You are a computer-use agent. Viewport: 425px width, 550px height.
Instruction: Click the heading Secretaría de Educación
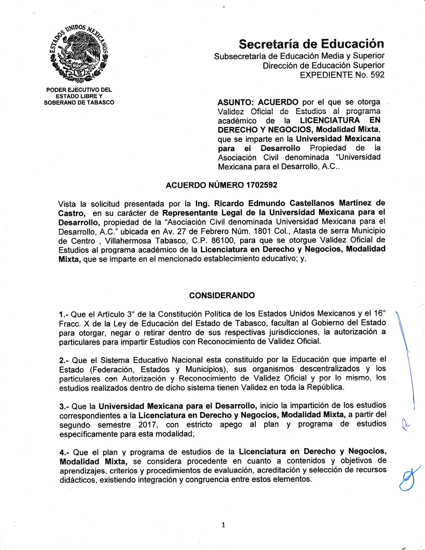pyautogui.click(x=311, y=44)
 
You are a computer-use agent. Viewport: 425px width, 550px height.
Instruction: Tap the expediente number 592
pyautogui.click(x=377, y=75)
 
